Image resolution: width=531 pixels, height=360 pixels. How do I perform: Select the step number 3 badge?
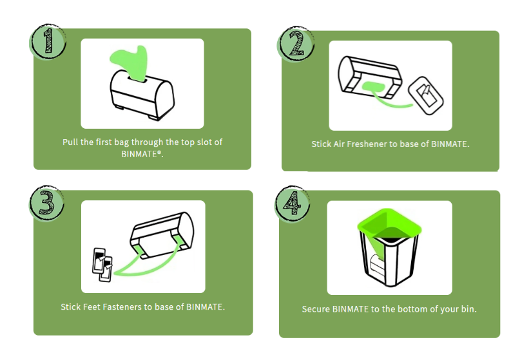point(47,202)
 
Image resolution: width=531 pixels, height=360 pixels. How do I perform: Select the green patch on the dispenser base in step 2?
point(376,87)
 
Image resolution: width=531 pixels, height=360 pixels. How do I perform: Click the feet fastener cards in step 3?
point(102,265)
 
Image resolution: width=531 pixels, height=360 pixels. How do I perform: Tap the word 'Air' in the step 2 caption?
point(341,144)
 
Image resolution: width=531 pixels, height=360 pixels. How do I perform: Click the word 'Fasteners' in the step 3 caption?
point(125,307)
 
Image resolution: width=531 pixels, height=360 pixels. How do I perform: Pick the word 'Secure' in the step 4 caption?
point(316,309)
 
